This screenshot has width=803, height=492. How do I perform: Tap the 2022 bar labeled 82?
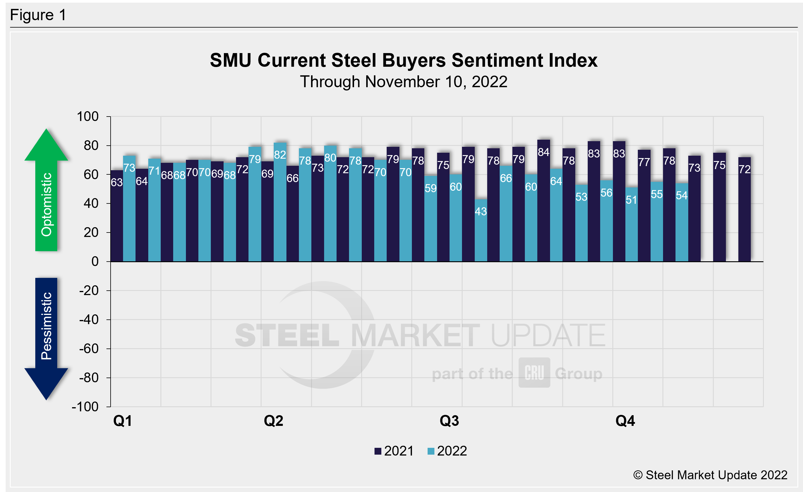point(280,202)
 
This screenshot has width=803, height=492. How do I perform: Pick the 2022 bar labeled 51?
point(631,224)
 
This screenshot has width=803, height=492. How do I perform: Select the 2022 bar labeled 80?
point(330,204)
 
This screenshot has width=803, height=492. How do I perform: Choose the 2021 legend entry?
point(394,451)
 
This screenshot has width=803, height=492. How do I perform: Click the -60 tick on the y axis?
point(89,349)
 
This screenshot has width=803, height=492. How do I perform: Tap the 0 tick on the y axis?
point(95,262)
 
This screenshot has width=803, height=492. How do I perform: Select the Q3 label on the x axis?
point(449,421)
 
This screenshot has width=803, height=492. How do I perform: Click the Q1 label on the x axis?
point(122,421)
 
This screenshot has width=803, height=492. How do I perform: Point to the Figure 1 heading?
point(38,15)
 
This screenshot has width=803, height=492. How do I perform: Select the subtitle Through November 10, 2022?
point(404,82)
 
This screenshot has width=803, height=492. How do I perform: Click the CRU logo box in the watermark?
point(534,373)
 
